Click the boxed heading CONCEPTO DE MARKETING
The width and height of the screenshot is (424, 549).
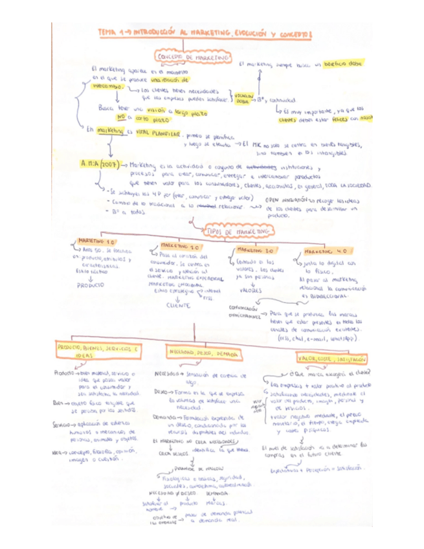185,58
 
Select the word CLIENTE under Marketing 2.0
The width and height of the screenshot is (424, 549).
178,305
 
